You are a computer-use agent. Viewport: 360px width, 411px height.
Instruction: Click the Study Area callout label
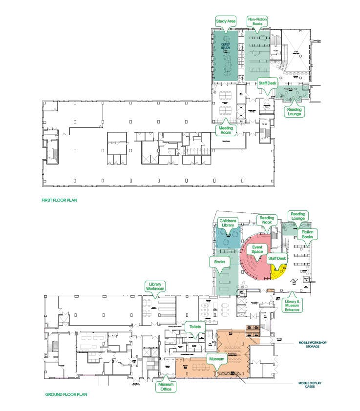pyautogui.click(x=226, y=21)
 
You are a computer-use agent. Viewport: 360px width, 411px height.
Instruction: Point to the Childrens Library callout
pyautogui.click(x=228, y=224)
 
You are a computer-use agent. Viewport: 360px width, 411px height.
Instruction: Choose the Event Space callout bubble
pyautogui.click(x=257, y=249)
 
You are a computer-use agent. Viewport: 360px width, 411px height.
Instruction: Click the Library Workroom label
pyautogui.click(x=155, y=287)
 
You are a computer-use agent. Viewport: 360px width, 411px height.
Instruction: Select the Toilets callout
pyautogui.click(x=195, y=326)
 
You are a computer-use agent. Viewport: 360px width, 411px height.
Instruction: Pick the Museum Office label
pyautogui.click(x=166, y=387)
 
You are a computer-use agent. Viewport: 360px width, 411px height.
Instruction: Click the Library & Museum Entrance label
pyautogui.click(x=293, y=303)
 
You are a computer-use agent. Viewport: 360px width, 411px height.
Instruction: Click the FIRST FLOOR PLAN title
pyautogui.click(x=59, y=200)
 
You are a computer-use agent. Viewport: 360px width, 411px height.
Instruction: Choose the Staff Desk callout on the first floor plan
pyautogui.click(x=267, y=83)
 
